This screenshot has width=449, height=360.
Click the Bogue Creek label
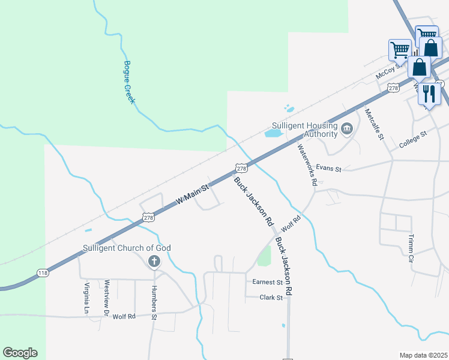(x=130, y=82)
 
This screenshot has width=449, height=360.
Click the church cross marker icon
(x=154, y=262)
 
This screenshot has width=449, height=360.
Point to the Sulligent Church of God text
(x=127, y=248)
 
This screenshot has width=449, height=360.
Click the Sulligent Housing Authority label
(x=304, y=130)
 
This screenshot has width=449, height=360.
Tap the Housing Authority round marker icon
(x=347, y=129)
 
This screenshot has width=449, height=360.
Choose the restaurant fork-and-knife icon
(x=429, y=93)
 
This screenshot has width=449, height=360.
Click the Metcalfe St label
(x=373, y=124)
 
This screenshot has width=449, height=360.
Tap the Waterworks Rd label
(x=306, y=164)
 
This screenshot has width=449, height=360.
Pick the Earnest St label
(x=267, y=282)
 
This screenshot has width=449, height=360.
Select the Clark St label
(x=271, y=297)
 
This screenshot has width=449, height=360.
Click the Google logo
(x=20, y=353)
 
